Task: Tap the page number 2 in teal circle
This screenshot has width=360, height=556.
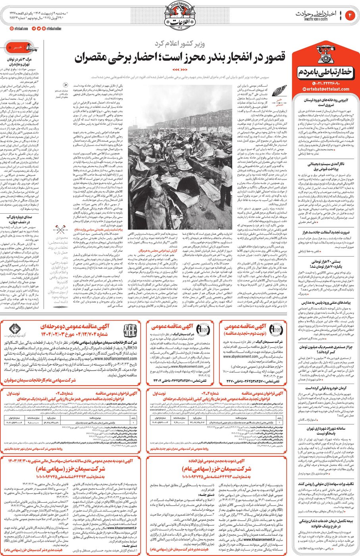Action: coord(350,15)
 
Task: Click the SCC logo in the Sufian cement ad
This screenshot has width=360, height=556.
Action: coord(130,330)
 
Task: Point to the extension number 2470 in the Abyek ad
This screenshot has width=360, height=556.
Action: coord(230,381)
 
